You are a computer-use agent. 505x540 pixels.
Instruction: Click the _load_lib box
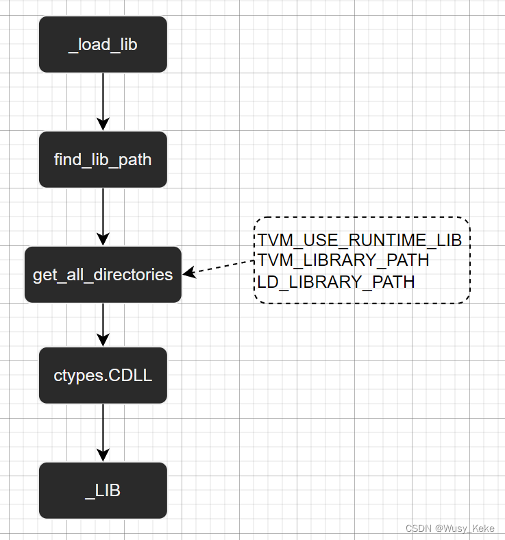(103, 45)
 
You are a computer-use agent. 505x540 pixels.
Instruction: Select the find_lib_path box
(103, 160)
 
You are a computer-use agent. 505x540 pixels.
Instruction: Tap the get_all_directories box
(103, 275)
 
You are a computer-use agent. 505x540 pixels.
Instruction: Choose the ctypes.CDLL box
(103, 376)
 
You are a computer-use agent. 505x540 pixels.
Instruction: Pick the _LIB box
(103, 491)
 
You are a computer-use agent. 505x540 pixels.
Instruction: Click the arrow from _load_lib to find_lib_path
(103, 99)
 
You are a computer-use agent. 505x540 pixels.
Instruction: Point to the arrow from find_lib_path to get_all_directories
(103, 214)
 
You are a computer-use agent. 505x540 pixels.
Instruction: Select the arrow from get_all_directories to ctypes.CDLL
(103, 323)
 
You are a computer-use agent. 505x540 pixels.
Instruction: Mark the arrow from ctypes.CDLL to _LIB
(103, 432)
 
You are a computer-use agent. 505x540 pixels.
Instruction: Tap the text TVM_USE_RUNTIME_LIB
(360, 241)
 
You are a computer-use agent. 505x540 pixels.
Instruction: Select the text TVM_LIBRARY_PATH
(343, 260)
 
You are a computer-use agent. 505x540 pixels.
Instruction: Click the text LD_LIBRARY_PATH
(336, 282)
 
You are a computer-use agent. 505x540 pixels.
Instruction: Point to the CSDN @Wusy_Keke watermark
(449, 528)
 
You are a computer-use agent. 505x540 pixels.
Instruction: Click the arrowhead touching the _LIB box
(103, 455)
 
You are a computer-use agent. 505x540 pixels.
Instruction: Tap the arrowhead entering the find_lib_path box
(103, 124)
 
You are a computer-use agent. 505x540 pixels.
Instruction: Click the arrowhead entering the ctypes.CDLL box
(103, 340)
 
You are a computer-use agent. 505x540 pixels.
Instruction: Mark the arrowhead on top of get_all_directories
(103, 239)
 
